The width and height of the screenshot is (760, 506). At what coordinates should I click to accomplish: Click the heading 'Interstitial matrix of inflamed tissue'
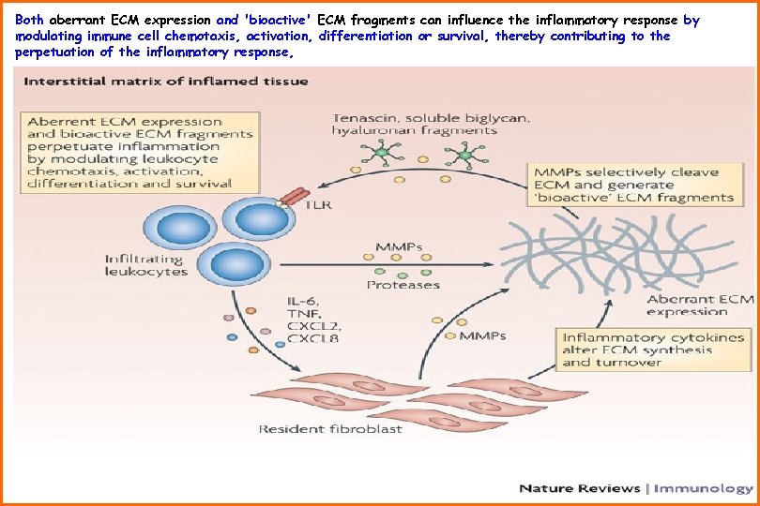point(165,82)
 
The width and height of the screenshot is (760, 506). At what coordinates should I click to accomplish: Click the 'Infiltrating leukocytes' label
point(146,265)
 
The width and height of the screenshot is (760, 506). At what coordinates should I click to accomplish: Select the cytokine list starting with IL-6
point(314,319)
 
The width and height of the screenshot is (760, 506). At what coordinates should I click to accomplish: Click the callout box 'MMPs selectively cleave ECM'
point(632,185)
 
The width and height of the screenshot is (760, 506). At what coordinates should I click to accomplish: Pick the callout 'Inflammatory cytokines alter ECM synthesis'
point(653,349)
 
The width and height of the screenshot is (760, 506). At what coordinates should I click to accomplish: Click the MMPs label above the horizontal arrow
point(400,248)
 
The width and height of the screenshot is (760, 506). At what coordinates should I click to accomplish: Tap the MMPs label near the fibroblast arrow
point(483,335)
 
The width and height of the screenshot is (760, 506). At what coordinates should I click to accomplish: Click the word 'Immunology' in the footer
point(702,488)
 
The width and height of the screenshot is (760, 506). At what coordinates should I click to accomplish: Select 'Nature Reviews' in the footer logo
point(579,488)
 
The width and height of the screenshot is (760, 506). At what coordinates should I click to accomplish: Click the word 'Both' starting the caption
point(30,19)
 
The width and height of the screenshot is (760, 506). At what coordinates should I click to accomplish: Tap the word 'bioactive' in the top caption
point(279,19)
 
